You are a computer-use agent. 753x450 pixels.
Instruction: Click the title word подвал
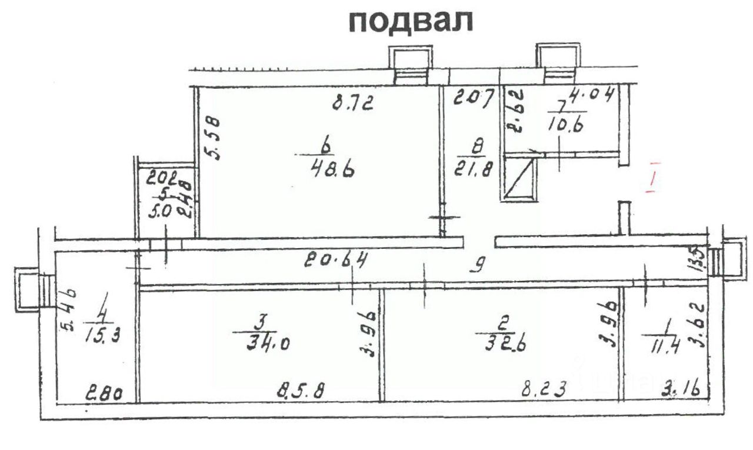[411, 22]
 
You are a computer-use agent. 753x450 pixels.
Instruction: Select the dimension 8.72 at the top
[354, 105]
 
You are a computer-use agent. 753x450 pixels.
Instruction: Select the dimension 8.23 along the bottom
[547, 389]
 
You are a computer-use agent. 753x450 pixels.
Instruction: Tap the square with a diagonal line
[519, 180]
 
